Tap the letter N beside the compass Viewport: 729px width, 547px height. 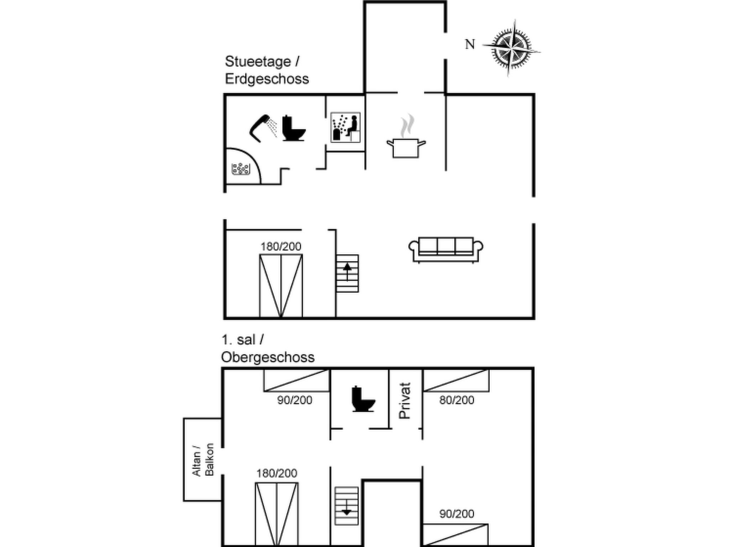tap(470, 44)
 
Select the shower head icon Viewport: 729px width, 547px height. tap(263, 128)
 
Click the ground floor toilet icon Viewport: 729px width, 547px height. tap(294, 128)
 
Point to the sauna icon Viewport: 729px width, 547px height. tap(345, 127)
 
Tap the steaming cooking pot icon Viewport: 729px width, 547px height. tap(406, 136)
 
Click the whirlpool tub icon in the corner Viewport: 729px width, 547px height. tap(241, 169)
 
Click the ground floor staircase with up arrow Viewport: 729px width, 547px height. tap(347, 273)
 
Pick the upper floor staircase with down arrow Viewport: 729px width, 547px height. tap(346, 506)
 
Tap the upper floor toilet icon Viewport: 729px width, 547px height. tap(363, 399)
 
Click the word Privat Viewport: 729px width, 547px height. tap(405, 401)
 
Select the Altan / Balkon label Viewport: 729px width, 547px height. tap(203, 459)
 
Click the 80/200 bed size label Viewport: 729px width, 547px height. tap(457, 400)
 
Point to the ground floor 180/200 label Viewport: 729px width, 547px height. tap(281, 246)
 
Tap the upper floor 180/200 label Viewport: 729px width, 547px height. tap(277, 473)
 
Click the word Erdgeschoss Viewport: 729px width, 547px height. tap(267, 79)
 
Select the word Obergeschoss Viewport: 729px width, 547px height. tap(268, 357)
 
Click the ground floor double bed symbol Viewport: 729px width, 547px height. tap(281, 286)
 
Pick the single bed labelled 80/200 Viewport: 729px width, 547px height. tap(456, 380)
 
